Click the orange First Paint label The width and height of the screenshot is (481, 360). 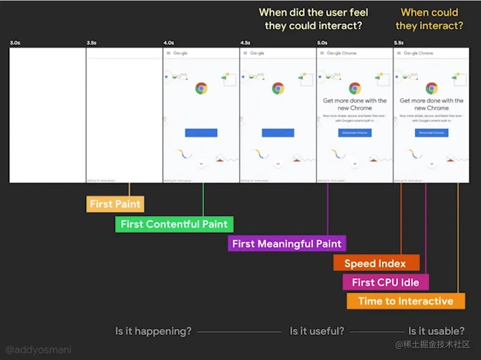coord(115,204)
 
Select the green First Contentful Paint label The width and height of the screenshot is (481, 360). coord(174,224)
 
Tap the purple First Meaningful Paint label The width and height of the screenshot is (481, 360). coord(287,243)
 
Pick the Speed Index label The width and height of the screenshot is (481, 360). coord(376,263)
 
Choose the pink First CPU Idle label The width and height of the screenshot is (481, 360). coord(385,282)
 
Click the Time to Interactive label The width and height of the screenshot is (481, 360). coord(405,301)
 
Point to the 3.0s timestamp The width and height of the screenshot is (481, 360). coord(15,43)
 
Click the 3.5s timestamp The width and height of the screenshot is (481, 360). coord(91,43)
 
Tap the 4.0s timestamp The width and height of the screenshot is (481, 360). coord(168,43)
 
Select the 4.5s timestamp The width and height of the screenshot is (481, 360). coord(245,43)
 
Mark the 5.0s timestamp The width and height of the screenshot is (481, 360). coord(322,43)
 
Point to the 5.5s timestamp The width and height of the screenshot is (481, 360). coord(399,43)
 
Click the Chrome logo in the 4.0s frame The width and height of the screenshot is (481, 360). coord(201,88)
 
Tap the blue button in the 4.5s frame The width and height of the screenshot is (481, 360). coord(278,132)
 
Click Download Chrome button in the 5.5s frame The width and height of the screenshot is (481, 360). coord(432,133)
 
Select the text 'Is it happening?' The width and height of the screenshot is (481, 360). coord(153,331)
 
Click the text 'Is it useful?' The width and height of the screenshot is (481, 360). coord(317,331)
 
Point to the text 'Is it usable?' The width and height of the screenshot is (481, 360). coord(436,331)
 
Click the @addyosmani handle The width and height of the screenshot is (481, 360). coord(39,349)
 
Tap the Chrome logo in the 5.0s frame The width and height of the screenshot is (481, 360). coord(355,88)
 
